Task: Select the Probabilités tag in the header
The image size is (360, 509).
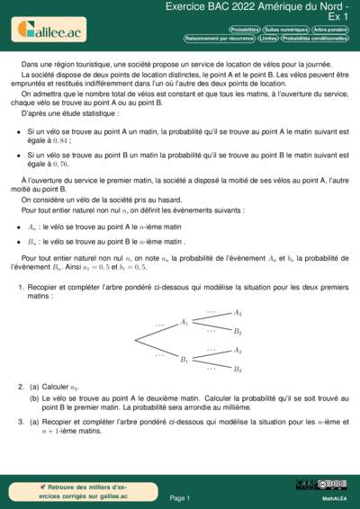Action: point(246,30)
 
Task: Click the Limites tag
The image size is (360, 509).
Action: point(267,39)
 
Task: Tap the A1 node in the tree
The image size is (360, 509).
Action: point(184,321)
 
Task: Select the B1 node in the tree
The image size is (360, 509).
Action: point(184,360)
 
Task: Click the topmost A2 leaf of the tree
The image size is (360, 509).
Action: point(238,312)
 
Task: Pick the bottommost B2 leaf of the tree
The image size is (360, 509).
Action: point(238,369)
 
